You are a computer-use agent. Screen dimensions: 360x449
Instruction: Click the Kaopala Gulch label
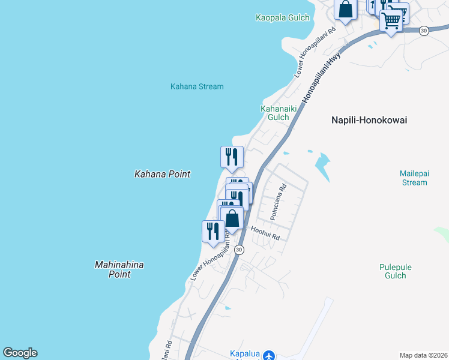(x=282, y=18)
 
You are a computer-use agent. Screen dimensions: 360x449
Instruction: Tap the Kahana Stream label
(x=197, y=86)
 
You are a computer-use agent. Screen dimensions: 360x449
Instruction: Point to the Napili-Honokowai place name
(x=369, y=120)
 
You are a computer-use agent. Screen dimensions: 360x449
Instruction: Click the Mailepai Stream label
(x=414, y=178)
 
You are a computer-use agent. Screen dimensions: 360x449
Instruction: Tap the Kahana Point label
(x=162, y=174)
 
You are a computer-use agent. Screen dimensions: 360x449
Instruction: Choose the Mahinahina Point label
(x=119, y=269)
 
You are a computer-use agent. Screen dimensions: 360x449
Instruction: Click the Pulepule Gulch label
(x=393, y=271)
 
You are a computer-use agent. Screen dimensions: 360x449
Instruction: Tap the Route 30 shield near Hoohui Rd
(x=239, y=250)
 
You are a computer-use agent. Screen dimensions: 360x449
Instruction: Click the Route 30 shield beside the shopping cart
(x=424, y=31)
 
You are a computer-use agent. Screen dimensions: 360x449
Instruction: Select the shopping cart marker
(x=391, y=20)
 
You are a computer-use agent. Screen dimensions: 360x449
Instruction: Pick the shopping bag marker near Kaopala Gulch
(x=345, y=9)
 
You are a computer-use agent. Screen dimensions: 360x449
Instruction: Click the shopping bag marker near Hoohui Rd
(x=232, y=218)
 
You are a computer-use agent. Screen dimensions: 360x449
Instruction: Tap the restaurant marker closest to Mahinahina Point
(x=213, y=231)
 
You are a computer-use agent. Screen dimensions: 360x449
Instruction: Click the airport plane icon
(x=268, y=355)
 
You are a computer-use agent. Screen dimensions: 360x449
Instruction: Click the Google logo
(x=20, y=353)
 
